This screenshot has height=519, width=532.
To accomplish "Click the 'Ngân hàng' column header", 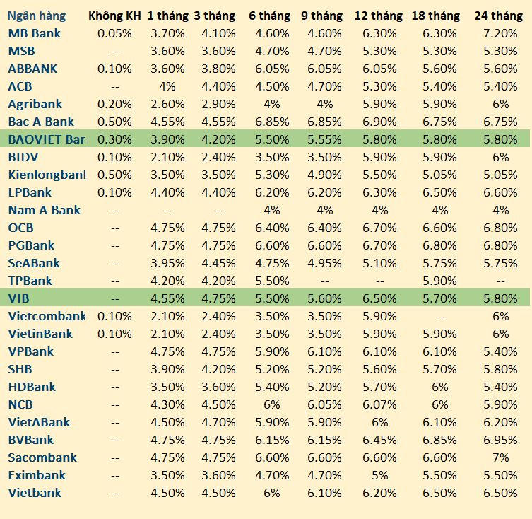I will [37, 16].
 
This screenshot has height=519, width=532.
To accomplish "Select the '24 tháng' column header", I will [499, 16].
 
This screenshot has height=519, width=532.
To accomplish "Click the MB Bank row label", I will [35, 33].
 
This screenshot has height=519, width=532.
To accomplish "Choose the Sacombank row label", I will [42, 457].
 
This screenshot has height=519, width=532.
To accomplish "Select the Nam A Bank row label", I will [45, 210].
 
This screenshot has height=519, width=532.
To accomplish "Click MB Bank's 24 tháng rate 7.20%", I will [501, 33].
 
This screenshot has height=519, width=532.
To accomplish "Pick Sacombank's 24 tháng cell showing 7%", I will [501, 457].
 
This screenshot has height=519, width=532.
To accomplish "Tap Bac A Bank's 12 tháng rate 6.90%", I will [380, 122].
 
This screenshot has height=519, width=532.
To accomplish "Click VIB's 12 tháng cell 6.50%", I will [380, 298].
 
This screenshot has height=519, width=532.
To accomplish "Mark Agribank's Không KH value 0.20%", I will [114, 104].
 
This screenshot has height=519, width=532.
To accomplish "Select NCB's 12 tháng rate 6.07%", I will [380, 404].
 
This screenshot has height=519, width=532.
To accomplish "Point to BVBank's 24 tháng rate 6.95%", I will [501, 440].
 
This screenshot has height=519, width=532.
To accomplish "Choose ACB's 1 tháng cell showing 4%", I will [167, 86].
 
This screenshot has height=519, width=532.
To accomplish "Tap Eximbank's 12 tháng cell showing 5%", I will [380, 475].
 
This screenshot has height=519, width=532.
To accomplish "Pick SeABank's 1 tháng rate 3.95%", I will [167, 263].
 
